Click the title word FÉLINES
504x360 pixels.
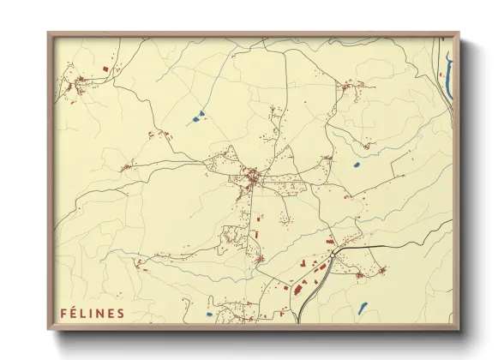coord(92,313)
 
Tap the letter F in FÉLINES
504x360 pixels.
coord(63,313)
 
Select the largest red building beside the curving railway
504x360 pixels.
coord(297,289)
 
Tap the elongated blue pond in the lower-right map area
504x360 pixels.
coord(363,307)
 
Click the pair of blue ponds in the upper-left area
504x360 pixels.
coord(198,116)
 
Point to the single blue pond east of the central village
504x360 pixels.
coord(356,164)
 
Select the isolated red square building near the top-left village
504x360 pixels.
coord(106,67)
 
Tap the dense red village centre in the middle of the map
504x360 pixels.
coord(254,178)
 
